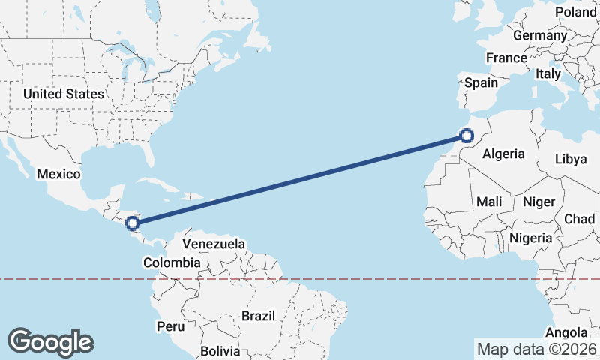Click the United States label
[x=63, y=94]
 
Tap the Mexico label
[x=58, y=174]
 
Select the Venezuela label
[x=214, y=244]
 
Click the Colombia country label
[x=172, y=263]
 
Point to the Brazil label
[x=259, y=316]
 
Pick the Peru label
[x=170, y=327]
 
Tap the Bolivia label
[x=220, y=351]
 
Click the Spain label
[x=481, y=82]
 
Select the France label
[x=506, y=58]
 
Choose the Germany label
[x=540, y=35]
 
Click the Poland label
[x=575, y=12]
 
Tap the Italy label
[x=548, y=74]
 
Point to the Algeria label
[x=503, y=154]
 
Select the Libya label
[x=571, y=159]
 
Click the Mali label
[x=489, y=202]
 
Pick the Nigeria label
[x=530, y=238]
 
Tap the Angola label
[x=566, y=332]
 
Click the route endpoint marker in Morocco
[x=466, y=136]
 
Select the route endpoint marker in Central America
[x=133, y=223]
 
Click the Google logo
[x=50, y=342]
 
